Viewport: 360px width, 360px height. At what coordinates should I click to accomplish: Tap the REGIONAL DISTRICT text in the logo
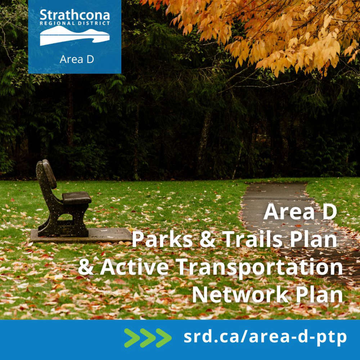75,23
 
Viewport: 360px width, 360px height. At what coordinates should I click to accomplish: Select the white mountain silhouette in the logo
75,36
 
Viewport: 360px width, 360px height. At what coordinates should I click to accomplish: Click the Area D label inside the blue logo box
77,59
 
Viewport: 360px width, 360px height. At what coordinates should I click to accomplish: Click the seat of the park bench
77,198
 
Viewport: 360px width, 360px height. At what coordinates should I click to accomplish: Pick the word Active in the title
134,267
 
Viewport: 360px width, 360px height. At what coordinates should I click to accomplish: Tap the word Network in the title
240,295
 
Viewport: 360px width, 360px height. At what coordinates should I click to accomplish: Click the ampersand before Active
86,267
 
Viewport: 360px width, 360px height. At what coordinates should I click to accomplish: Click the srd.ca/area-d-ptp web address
265,337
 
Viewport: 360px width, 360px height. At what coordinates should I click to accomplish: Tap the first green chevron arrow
132,338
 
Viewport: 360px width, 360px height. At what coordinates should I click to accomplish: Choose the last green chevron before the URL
163,338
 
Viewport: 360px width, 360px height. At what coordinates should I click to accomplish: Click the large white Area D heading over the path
300,212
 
